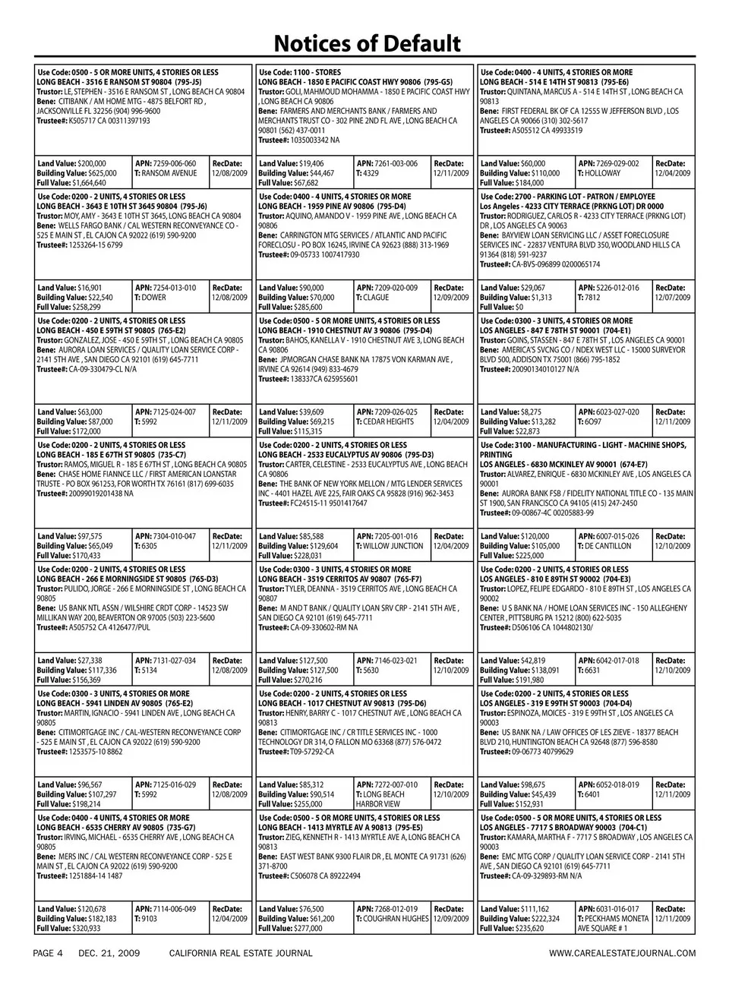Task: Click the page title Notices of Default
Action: coord(367,43)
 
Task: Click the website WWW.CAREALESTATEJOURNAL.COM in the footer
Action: coord(621,953)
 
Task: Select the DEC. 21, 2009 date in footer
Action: coord(109,953)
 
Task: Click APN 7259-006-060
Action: coord(165,163)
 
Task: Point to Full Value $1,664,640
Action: coord(71,183)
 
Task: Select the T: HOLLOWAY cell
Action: coord(599,173)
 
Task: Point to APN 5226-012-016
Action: coord(608,288)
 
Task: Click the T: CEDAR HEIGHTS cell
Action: coord(385,421)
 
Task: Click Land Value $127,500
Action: coord(293,661)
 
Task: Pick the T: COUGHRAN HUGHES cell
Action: coord(393,919)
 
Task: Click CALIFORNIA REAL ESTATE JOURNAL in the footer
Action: coord(241,953)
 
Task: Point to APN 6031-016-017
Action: coord(608,909)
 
